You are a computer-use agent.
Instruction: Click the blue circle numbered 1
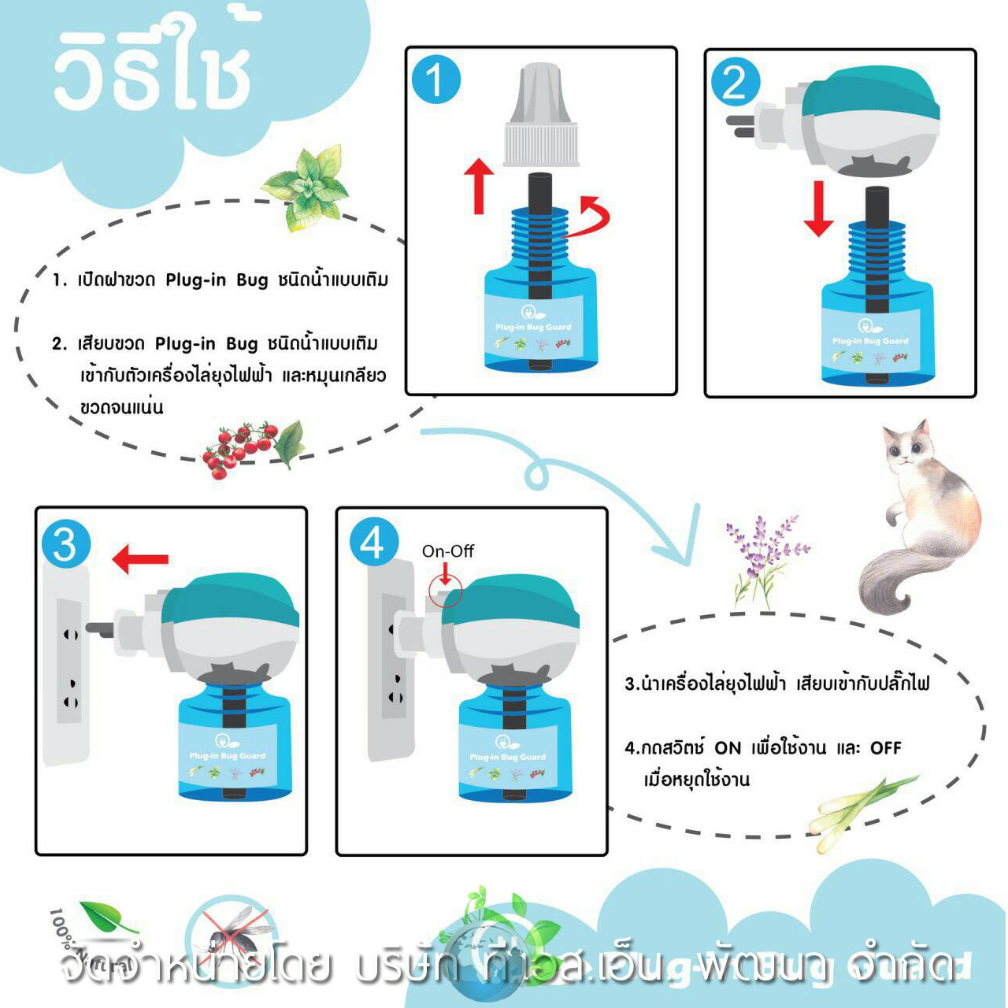point(435,80)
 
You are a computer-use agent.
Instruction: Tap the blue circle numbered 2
point(735,83)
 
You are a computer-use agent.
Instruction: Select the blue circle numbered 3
point(66,544)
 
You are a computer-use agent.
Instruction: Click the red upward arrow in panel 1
point(479,186)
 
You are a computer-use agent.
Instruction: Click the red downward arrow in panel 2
point(818,209)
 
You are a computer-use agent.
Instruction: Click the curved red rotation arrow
point(592,218)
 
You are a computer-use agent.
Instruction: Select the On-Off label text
point(448,551)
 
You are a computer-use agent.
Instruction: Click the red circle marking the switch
point(446,590)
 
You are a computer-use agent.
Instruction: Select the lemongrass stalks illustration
point(862,811)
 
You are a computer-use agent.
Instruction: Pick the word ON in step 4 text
point(728,747)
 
